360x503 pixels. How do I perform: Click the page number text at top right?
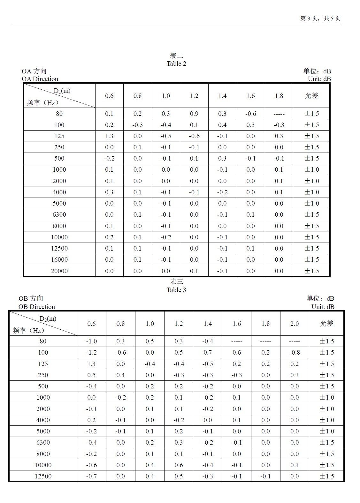(x=320, y=19)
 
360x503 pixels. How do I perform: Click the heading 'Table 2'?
(x=176, y=64)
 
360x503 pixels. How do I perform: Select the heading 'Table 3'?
(x=176, y=290)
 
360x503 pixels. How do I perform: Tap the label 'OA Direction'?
(x=40, y=79)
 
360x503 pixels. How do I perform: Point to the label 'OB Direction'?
(x=37, y=307)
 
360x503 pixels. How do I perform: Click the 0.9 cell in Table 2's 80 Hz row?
(x=194, y=114)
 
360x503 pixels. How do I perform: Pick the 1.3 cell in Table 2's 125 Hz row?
(x=109, y=136)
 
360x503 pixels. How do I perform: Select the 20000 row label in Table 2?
(x=59, y=271)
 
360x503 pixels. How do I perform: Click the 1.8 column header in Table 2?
(x=279, y=96)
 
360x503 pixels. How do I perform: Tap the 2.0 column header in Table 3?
(x=295, y=324)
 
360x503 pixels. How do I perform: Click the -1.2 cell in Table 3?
(x=91, y=352)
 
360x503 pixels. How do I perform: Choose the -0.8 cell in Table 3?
(x=295, y=352)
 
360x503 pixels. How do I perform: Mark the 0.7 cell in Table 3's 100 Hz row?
(x=208, y=352)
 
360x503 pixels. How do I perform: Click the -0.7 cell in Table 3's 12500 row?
(x=91, y=476)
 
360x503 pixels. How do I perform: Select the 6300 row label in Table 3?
(x=43, y=442)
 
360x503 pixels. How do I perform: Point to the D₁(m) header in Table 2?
(x=62, y=91)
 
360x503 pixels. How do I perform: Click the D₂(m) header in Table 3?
(x=48, y=319)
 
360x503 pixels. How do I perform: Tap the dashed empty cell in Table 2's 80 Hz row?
(x=279, y=114)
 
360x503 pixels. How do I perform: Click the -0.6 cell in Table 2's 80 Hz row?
(x=250, y=114)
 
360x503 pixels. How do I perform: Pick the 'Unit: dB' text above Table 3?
(x=323, y=307)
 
